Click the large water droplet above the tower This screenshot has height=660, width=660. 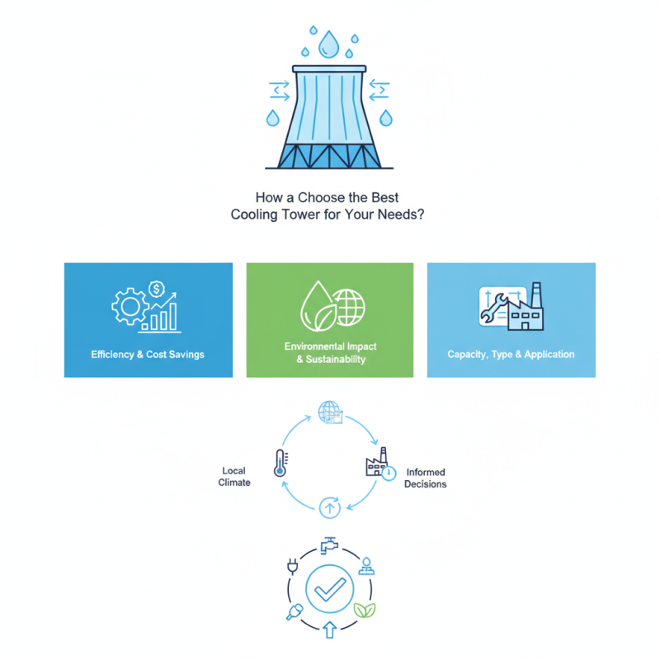coord(330,45)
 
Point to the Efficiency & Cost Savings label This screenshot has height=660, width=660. coord(148,354)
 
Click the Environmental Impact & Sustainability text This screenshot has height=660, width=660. coord(329,353)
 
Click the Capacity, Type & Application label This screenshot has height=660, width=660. coord(511,354)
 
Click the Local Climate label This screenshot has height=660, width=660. coord(234,477)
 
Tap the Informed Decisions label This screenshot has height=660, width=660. coord(426,478)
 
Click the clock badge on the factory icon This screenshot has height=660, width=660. coord(389,474)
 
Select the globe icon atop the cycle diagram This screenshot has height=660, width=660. coord(329,411)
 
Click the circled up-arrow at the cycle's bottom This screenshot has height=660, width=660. coord(329,508)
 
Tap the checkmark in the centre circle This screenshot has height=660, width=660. coord(330,589)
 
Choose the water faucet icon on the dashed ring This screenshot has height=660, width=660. coord(329,544)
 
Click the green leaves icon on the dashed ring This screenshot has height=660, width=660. coord(363,610)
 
